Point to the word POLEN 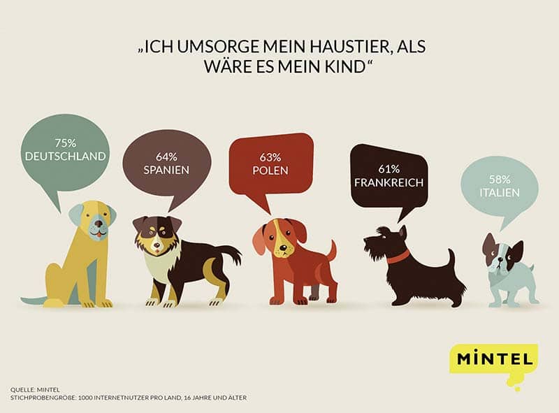271,170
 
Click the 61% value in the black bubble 389,168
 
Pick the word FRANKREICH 389,182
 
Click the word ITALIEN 500,190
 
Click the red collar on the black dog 398,256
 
